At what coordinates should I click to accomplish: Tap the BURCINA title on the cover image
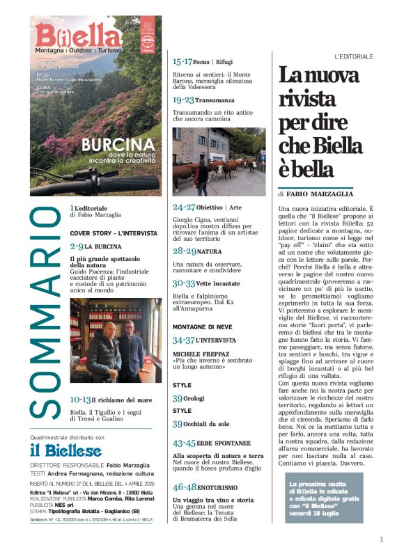116,146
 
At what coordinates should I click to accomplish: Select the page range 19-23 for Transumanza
185,100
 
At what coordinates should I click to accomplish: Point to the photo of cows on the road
219,162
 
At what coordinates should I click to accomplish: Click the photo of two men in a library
116,340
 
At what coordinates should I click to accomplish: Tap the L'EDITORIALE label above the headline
353,56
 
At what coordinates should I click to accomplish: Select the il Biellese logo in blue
65,450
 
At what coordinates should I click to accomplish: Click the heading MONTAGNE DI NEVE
202,326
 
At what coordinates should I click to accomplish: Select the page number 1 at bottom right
381,539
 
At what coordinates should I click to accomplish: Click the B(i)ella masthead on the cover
78,35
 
